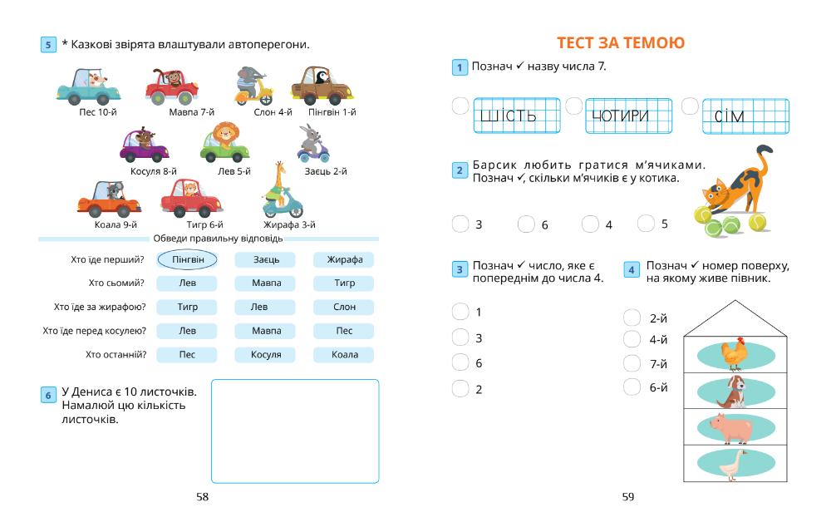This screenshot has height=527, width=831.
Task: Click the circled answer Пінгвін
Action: coord(188,260)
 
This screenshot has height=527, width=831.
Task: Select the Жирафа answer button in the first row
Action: coord(344,260)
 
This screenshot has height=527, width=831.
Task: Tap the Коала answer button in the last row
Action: coord(344,355)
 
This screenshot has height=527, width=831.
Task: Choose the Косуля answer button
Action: coord(266,355)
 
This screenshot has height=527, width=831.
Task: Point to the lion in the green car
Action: coord(224,142)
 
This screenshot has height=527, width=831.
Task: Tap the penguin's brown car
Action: coord(322,86)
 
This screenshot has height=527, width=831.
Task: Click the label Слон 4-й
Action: coord(273,112)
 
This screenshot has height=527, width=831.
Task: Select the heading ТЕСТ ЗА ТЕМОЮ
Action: coord(621,43)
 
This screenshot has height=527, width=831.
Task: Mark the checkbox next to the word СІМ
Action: coord(689,106)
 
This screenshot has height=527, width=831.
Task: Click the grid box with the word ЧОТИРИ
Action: coord(617,116)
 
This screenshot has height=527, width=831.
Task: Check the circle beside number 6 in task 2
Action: coord(525,224)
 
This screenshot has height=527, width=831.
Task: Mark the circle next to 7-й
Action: coord(632,363)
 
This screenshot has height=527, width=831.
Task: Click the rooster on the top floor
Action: coord(733,353)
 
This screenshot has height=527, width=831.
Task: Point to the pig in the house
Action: coord(730,427)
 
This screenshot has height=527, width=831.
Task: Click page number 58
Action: coord(203,497)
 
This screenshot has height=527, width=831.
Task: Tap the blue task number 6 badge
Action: coord(48,396)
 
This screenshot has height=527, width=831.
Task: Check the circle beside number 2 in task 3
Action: coord(460,388)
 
